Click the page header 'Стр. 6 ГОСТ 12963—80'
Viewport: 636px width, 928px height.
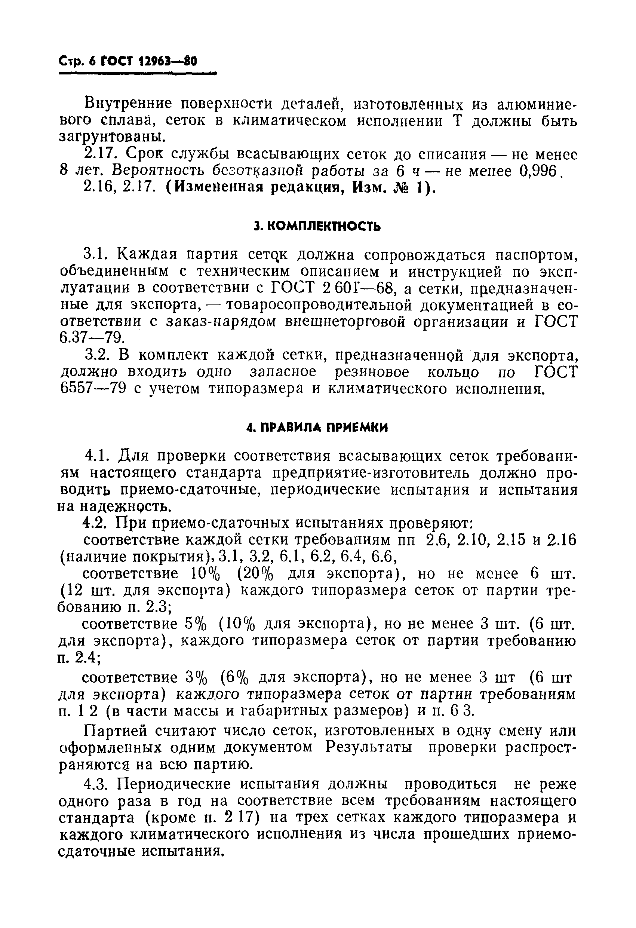tap(128, 61)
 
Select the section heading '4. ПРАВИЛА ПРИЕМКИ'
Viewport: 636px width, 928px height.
tap(317, 428)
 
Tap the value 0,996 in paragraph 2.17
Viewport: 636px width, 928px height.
tap(538, 171)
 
